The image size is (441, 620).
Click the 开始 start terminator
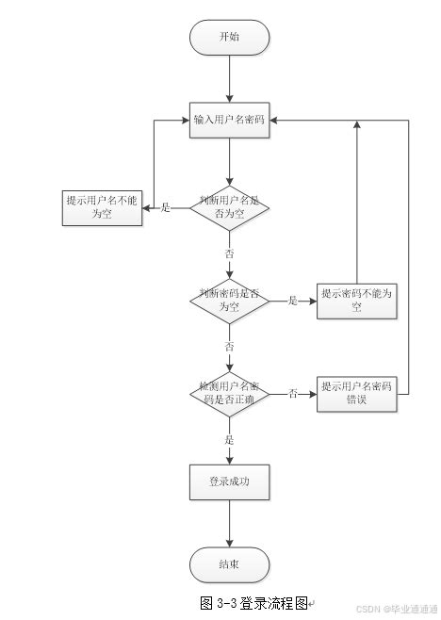point(229,37)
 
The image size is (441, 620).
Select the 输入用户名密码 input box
point(229,120)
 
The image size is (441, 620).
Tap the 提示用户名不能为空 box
point(103,207)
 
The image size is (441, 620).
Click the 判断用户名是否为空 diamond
point(229,207)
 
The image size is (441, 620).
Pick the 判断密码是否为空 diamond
point(229,301)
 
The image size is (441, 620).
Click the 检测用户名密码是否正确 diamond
point(229,394)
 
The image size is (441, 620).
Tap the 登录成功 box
point(229,481)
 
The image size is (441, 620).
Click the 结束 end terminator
point(229,564)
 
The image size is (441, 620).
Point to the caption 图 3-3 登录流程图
point(254,602)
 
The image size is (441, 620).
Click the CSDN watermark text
point(387,610)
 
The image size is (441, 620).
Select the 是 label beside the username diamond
point(166,207)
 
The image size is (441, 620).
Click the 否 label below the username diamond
point(229,253)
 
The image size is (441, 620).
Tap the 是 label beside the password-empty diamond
point(292,301)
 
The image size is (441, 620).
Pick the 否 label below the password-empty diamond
point(229,347)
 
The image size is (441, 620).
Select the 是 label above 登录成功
point(229,439)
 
